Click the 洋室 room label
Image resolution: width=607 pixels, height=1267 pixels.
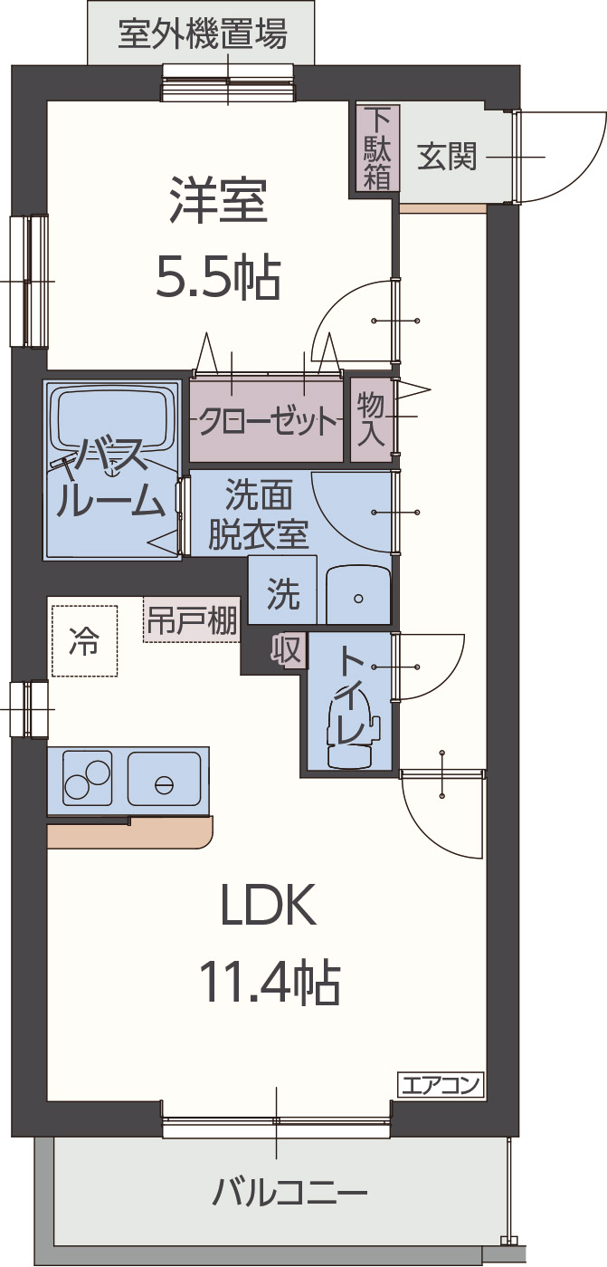click(x=218, y=202)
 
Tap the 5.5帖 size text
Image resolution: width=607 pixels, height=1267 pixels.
click(x=218, y=276)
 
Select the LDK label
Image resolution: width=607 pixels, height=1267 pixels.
click(x=269, y=905)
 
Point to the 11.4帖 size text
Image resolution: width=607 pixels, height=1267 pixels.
click(x=269, y=981)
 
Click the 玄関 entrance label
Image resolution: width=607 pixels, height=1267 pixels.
click(x=446, y=158)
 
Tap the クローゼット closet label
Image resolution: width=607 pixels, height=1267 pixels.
click(x=268, y=421)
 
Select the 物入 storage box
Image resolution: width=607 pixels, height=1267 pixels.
click(x=371, y=419)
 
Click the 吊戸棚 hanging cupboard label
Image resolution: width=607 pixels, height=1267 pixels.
click(x=192, y=621)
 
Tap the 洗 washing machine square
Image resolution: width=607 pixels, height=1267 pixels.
click(x=282, y=593)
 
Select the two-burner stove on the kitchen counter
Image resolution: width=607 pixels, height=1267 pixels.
click(x=87, y=778)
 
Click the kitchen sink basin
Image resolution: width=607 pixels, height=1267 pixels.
click(x=164, y=779)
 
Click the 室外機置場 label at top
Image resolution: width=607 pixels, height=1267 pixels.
click(x=203, y=34)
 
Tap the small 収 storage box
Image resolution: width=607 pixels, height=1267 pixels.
click(x=289, y=649)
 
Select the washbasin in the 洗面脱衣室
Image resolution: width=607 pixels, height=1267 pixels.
click(x=358, y=597)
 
